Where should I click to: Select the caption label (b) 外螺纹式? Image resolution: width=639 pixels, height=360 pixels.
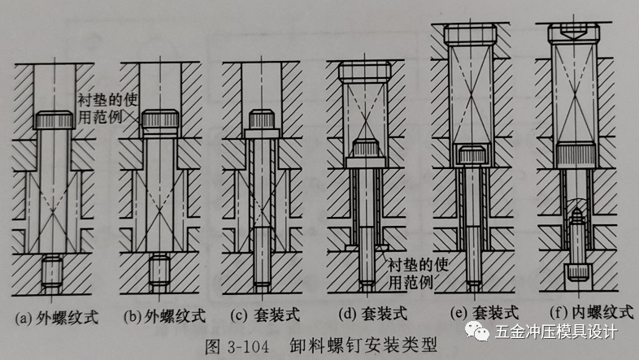(163, 313)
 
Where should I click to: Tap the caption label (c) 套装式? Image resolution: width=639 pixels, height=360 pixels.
(259, 313)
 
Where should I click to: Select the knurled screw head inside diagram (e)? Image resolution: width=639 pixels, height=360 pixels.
(472, 155)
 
